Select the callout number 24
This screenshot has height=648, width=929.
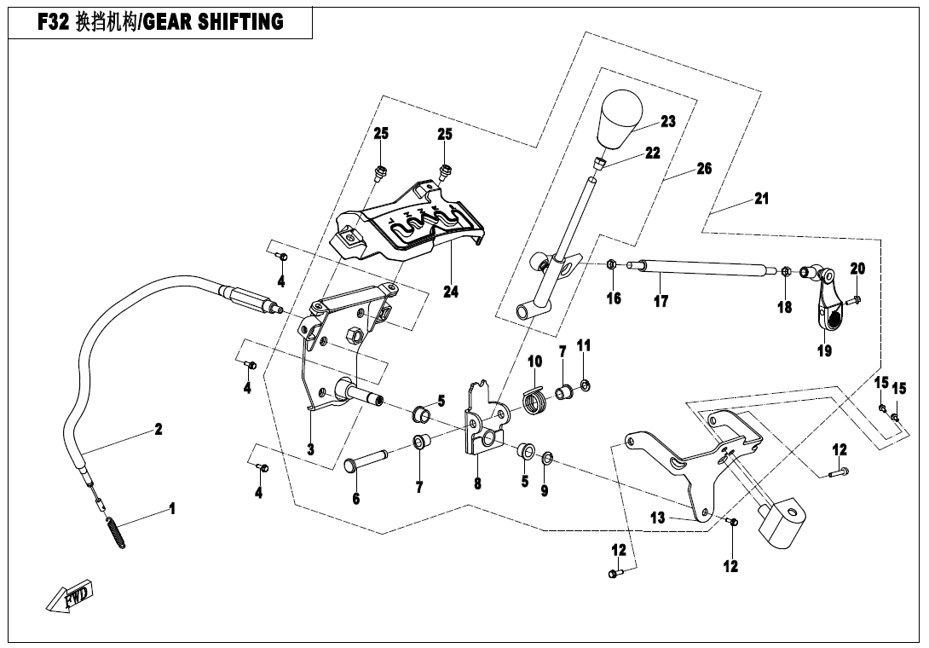point(451,292)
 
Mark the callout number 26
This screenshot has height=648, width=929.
point(704,169)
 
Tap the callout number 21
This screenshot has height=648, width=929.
point(761,199)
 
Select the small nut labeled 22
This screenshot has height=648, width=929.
point(601,162)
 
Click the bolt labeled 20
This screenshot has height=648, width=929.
point(855,299)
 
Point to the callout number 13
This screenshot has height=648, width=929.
point(656,518)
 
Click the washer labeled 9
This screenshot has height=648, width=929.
point(547,460)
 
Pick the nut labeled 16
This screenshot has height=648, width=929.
point(612,266)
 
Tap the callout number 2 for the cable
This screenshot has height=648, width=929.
point(158,429)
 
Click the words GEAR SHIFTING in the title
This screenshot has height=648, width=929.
point(212,21)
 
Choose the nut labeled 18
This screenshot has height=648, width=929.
point(785,272)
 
